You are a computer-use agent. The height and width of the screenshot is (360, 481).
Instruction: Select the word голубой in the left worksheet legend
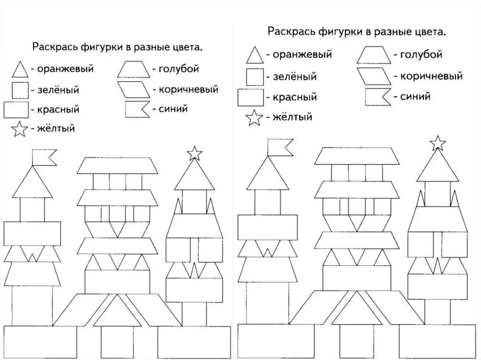click(x=178, y=69)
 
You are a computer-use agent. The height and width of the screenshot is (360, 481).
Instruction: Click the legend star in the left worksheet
click(x=19, y=130)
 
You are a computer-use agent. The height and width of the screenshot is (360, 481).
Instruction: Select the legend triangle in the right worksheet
click(x=254, y=55)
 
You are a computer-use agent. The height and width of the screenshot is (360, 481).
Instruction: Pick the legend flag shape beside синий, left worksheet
click(x=137, y=109)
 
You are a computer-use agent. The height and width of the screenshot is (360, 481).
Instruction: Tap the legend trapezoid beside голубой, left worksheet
click(x=133, y=69)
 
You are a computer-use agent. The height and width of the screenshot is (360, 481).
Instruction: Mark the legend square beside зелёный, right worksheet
click(x=254, y=76)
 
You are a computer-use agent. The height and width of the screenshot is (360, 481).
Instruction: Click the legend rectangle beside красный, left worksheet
click(x=16, y=109)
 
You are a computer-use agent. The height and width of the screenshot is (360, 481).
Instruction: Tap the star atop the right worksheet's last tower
click(x=438, y=142)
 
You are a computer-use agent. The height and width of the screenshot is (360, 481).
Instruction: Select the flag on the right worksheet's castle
click(x=280, y=146)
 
